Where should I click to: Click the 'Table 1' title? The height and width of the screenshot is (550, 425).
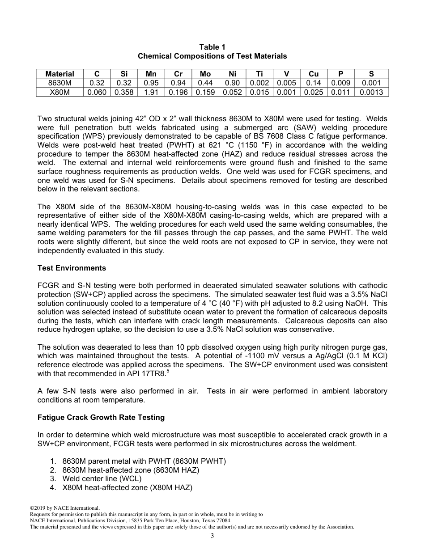tap(212, 47)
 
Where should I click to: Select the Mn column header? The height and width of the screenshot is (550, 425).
tap(151, 74)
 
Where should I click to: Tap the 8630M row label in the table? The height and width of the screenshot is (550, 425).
tap(59, 83)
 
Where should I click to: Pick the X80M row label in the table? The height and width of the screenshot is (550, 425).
tap(59, 92)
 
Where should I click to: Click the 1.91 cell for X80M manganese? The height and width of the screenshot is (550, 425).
tap(151, 92)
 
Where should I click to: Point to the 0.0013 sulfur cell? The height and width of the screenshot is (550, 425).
tap(371, 92)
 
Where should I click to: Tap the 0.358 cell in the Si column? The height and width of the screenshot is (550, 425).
tap(123, 92)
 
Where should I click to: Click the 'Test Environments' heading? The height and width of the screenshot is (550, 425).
tap(72, 268)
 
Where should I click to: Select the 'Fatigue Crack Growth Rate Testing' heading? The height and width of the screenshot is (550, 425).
tap(101, 417)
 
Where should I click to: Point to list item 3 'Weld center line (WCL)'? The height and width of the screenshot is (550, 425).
tap(102, 479)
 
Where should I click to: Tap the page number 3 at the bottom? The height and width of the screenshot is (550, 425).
tap(212, 536)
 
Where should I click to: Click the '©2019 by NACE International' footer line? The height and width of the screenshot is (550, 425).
tap(64, 508)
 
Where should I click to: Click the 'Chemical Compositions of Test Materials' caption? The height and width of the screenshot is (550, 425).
tap(212, 56)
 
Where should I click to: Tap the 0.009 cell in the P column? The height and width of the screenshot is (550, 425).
tap(340, 83)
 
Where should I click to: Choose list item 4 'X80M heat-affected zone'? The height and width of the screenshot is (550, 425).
tap(127, 488)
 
